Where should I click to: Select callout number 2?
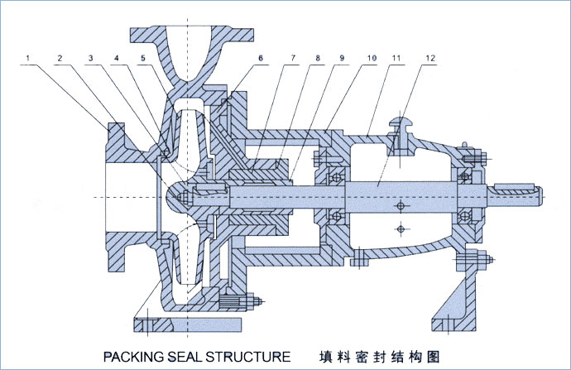[60, 58]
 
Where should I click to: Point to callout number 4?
[117, 58]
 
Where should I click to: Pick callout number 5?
[143, 58]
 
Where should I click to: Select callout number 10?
[372, 58]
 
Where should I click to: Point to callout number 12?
[429, 58]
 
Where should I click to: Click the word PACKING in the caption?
[134, 357]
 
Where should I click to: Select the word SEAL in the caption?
[190, 357]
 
